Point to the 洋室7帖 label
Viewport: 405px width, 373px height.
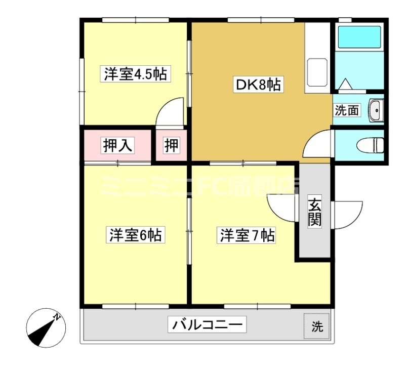(247, 235)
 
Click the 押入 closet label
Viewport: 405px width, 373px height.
(118, 146)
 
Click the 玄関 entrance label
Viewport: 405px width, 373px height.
(315, 213)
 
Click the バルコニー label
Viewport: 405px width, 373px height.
(208, 324)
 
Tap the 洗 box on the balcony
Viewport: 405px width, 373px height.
(317, 326)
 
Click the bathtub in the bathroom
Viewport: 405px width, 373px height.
(359, 36)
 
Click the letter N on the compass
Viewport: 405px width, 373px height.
(58, 317)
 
